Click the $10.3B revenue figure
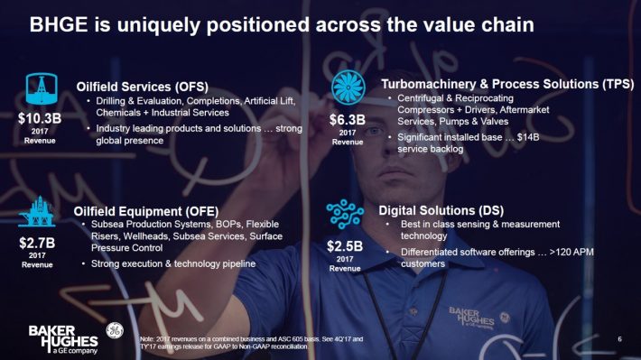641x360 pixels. [39, 118]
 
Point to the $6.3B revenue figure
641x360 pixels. [347, 118]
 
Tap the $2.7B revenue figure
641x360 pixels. [38, 243]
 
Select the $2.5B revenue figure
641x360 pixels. [346, 245]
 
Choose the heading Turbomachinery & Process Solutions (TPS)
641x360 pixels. [507, 84]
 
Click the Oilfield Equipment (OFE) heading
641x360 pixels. [138, 210]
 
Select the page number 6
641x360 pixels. [620, 338]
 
